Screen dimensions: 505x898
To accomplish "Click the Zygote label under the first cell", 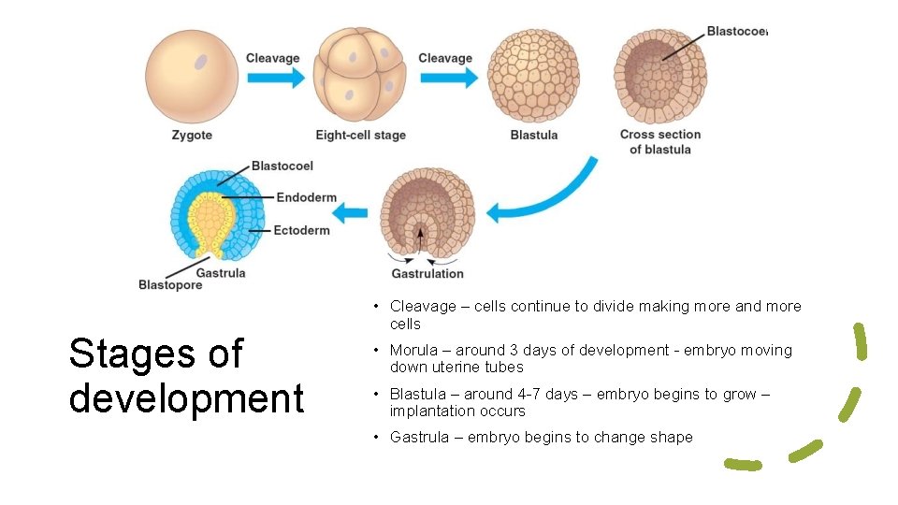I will (x=192, y=135).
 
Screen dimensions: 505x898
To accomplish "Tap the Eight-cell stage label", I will (x=360, y=135).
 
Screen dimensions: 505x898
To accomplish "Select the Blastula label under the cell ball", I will (x=533, y=135).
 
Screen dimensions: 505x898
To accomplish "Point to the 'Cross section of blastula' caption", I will (x=660, y=141).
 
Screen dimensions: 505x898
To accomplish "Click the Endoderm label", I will (x=306, y=197).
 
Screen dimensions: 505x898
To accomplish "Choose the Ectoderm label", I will (x=301, y=230).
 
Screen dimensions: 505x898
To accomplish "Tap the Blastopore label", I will (x=170, y=285).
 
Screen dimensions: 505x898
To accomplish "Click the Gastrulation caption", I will (x=427, y=273).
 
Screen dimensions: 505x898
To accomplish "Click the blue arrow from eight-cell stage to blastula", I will (x=447, y=77).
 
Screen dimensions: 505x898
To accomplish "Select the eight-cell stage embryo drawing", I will (x=360, y=73).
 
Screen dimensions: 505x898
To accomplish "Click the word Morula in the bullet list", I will (x=415, y=350).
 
